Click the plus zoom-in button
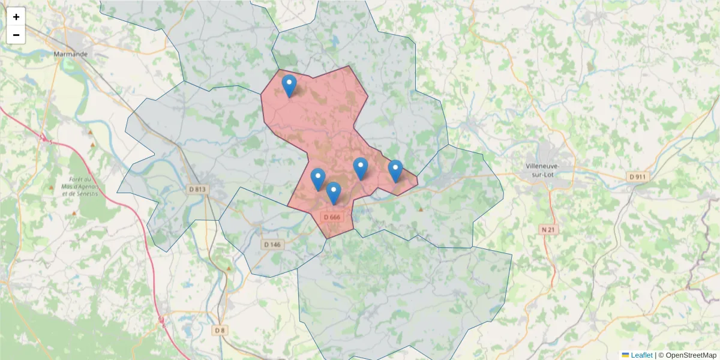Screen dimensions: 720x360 click(16, 17)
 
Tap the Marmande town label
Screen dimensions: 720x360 click(71, 54)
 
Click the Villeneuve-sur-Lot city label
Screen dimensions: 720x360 click(542, 170)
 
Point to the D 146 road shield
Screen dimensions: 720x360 click(272, 244)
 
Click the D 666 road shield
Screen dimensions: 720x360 click(331, 217)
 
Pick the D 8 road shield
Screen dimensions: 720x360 click(220, 330)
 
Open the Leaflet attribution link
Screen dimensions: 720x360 click(641, 355)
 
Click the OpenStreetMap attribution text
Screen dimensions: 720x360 click(691, 355)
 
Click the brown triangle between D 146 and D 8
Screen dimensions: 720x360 click(229, 268)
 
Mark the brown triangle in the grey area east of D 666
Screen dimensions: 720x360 click(421, 209)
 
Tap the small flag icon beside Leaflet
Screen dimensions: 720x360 click(625, 355)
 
